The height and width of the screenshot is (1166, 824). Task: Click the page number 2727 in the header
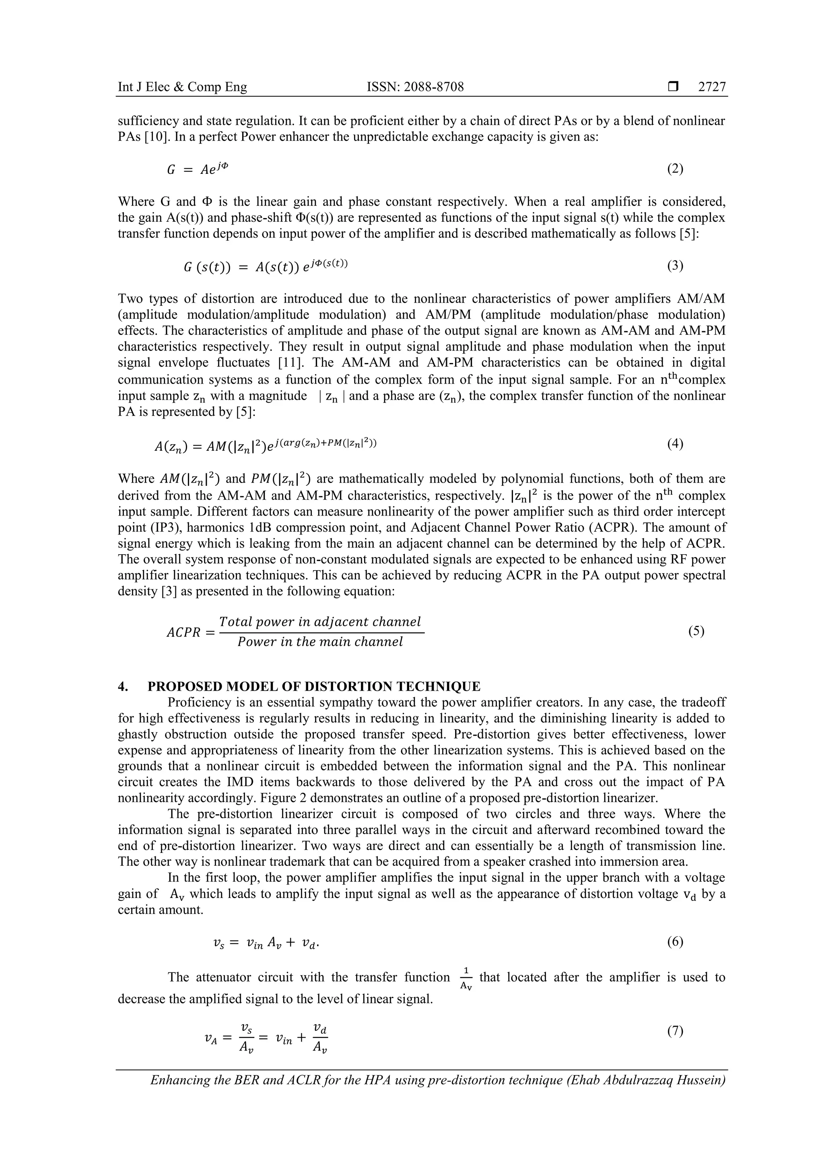(712, 87)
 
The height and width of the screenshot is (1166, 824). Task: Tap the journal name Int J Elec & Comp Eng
(182, 87)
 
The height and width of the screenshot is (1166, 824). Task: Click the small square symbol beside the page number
(673, 87)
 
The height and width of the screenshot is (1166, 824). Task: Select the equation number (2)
(675, 169)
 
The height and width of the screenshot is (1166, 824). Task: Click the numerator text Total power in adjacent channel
(320, 621)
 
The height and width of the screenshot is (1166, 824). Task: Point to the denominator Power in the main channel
(320, 642)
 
